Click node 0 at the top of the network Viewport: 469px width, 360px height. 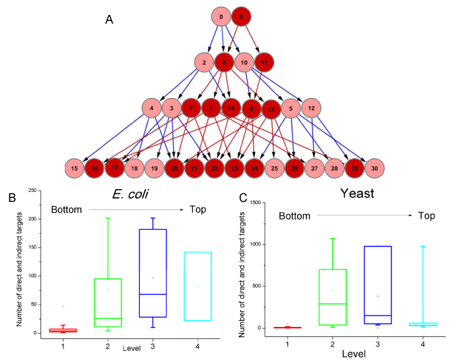coord(221,17)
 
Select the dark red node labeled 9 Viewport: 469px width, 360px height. coord(241,17)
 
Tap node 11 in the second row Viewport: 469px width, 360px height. coord(264,62)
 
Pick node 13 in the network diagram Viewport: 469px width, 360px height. coord(271,109)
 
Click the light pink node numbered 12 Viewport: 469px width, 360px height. coord(311,108)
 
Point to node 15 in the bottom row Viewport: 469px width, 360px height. coord(74,168)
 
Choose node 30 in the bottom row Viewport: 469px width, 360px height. coord(375,168)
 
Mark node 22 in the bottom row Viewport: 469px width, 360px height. coord(215,168)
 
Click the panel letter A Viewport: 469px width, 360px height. coord(109,20)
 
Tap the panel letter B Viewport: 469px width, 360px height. coord(12,198)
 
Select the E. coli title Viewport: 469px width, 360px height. coord(130,195)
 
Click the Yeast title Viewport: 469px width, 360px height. coord(357,193)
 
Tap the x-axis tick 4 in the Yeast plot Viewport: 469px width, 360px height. coord(422,344)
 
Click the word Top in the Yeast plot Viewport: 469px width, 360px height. coord(426,215)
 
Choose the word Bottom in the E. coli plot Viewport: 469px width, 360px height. coord(66,209)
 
